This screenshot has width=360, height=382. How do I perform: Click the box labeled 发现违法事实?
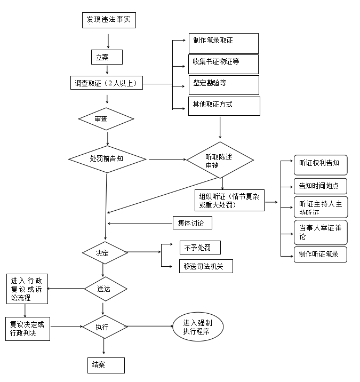[x=109, y=21]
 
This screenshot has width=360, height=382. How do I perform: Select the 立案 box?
[x=107, y=57]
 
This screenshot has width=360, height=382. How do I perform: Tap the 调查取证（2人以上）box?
[x=107, y=83]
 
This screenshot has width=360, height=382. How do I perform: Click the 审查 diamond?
[x=106, y=119]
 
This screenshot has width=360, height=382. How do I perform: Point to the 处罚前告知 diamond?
[x=107, y=159]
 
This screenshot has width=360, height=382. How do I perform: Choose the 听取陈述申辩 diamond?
[x=220, y=160]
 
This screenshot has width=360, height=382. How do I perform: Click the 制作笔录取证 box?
[x=223, y=43]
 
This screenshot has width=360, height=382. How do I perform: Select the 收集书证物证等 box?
[x=223, y=64]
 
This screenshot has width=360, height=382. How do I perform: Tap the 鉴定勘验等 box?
[x=223, y=85]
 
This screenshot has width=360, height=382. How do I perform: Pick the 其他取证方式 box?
[x=224, y=106]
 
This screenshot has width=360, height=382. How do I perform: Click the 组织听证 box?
[x=229, y=200]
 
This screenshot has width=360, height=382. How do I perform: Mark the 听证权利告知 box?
[x=320, y=165]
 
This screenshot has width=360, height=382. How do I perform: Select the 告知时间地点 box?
[x=320, y=186]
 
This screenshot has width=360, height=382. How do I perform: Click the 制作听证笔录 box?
[x=320, y=254]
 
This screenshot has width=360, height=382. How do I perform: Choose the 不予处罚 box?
[x=200, y=247]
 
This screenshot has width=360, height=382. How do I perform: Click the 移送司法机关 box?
[x=206, y=265]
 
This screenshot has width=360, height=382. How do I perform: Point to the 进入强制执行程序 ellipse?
[x=198, y=327]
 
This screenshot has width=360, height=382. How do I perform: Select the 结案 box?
[x=106, y=365]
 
